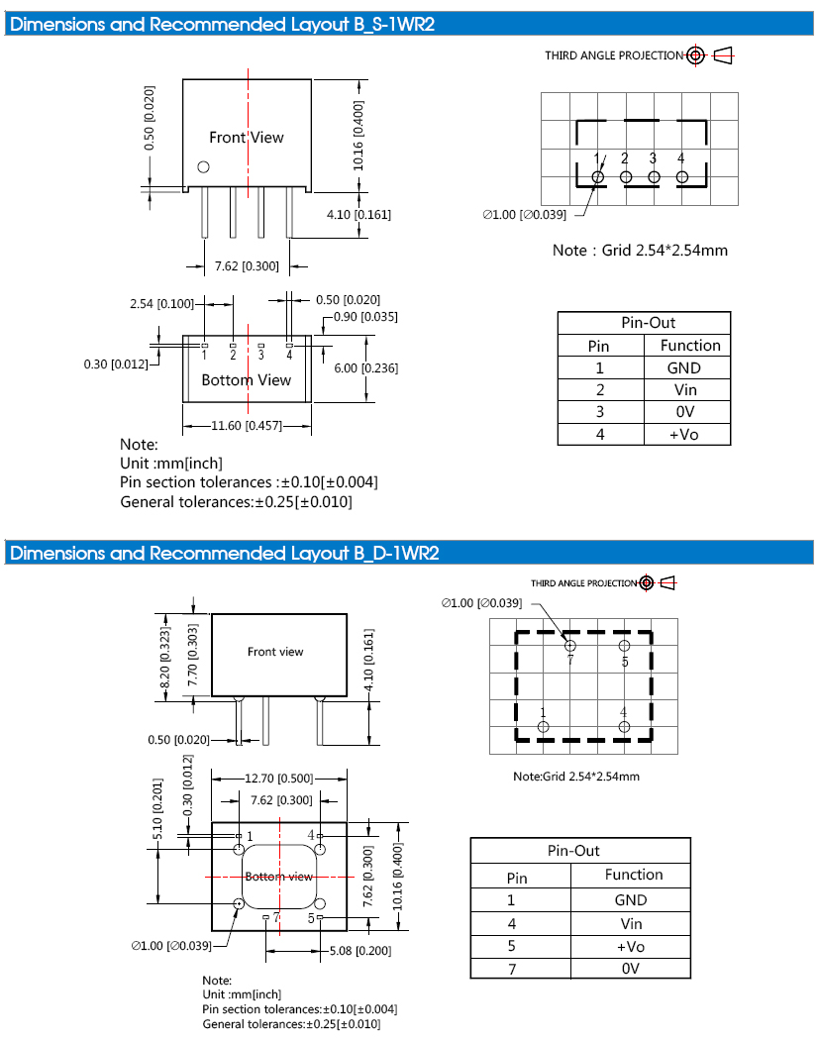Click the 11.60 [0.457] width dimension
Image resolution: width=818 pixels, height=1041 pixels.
coord(247,426)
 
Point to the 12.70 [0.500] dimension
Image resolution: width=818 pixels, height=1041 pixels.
coord(280,778)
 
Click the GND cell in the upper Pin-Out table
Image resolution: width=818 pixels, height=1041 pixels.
coord(684,367)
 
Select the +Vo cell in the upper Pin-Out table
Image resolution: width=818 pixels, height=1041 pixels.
coord(684,435)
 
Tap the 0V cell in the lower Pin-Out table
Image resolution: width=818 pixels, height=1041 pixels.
coord(631,968)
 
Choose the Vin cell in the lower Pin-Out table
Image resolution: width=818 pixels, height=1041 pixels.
coord(631,923)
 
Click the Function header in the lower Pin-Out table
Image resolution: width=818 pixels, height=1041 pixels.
coord(634,875)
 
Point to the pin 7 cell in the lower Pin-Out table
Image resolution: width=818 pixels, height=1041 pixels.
coord(512,968)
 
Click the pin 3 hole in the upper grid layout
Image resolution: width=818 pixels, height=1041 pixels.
coord(654,176)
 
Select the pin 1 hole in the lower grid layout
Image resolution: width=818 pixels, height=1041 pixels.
coord(543,727)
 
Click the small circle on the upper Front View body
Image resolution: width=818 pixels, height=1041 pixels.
coord(204,166)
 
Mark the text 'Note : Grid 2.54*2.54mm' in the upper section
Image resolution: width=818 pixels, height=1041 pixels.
coord(640,250)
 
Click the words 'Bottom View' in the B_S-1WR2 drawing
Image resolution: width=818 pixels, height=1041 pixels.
coord(247,380)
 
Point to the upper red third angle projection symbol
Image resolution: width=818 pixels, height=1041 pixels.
coord(695,55)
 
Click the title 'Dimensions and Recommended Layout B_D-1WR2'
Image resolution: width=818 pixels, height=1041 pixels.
coord(224,553)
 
